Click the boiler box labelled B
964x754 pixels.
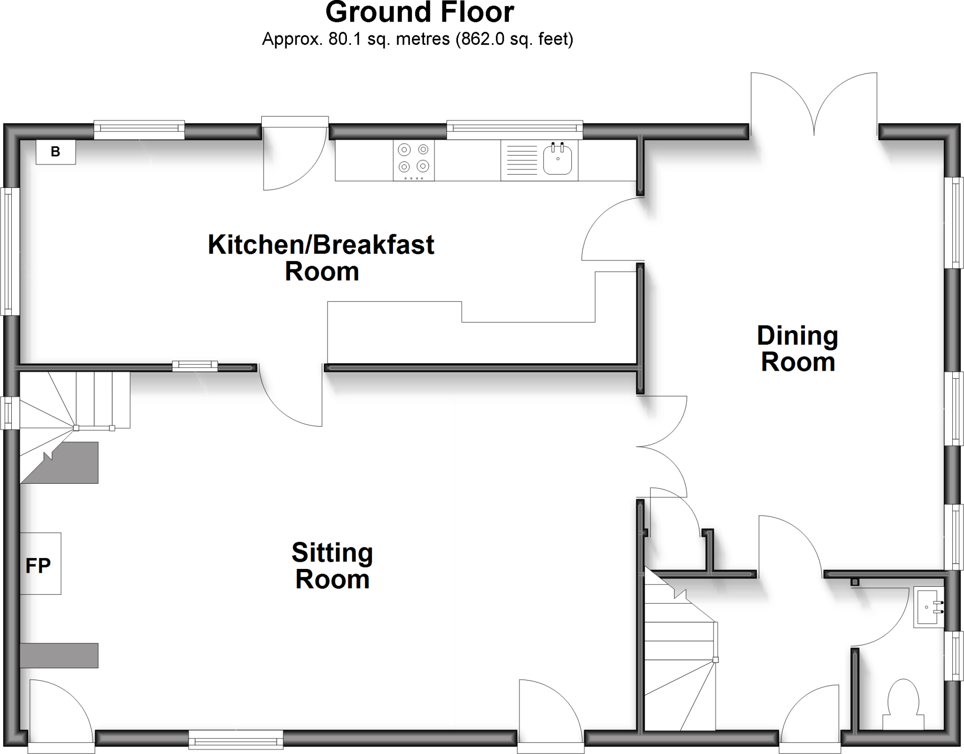56,152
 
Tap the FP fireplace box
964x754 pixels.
40,563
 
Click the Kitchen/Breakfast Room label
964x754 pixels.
321,258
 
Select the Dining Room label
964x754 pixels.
797,349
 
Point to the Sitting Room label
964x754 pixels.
332,566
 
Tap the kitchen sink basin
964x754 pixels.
557,159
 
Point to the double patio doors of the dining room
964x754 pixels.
814,106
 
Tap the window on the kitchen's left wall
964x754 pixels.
10,251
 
